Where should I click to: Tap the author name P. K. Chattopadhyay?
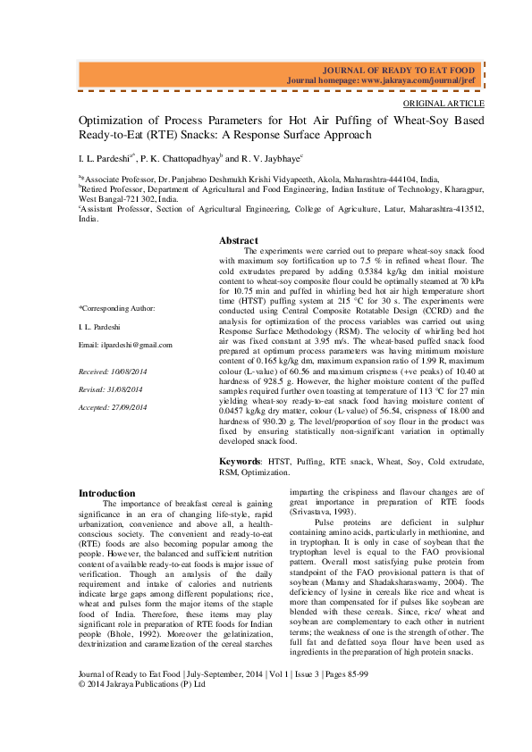(x=180, y=158)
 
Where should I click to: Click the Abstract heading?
(x=239, y=241)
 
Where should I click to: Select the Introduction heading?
(x=107, y=493)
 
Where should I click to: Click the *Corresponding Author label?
(x=117, y=308)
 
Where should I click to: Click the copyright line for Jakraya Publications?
(x=142, y=709)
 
